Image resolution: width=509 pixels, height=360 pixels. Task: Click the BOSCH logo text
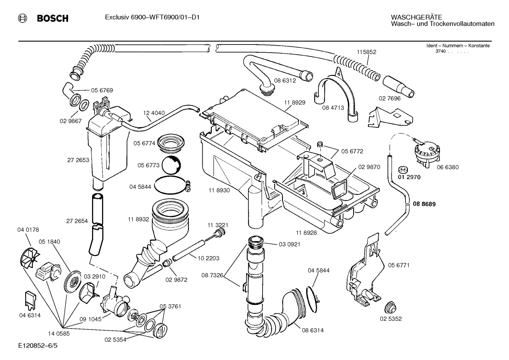click(53, 18)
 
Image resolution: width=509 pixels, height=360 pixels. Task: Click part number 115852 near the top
click(366, 52)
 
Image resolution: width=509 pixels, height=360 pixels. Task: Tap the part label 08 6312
click(285, 81)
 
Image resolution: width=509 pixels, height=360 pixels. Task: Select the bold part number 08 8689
click(424, 204)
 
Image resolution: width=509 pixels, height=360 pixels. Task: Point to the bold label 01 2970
click(409, 177)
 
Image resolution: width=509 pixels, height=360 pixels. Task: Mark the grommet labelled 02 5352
click(390, 307)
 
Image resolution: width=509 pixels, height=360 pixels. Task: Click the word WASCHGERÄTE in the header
click(416, 17)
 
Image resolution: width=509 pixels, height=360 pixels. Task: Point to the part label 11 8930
click(219, 190)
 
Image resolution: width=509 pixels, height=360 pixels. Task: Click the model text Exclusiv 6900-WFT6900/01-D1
click(152, 17)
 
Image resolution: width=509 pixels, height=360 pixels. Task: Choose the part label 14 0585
click(59, 333)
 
